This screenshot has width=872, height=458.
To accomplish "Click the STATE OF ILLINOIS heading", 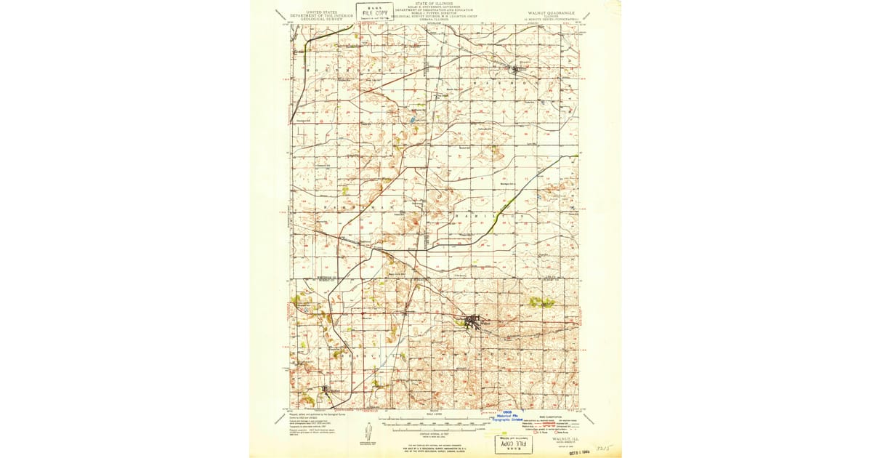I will (435, 3).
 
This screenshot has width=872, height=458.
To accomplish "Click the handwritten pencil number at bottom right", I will (603, 449).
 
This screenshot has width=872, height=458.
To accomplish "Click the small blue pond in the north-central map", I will (412, 120).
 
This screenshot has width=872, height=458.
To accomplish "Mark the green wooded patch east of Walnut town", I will (541, 302).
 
